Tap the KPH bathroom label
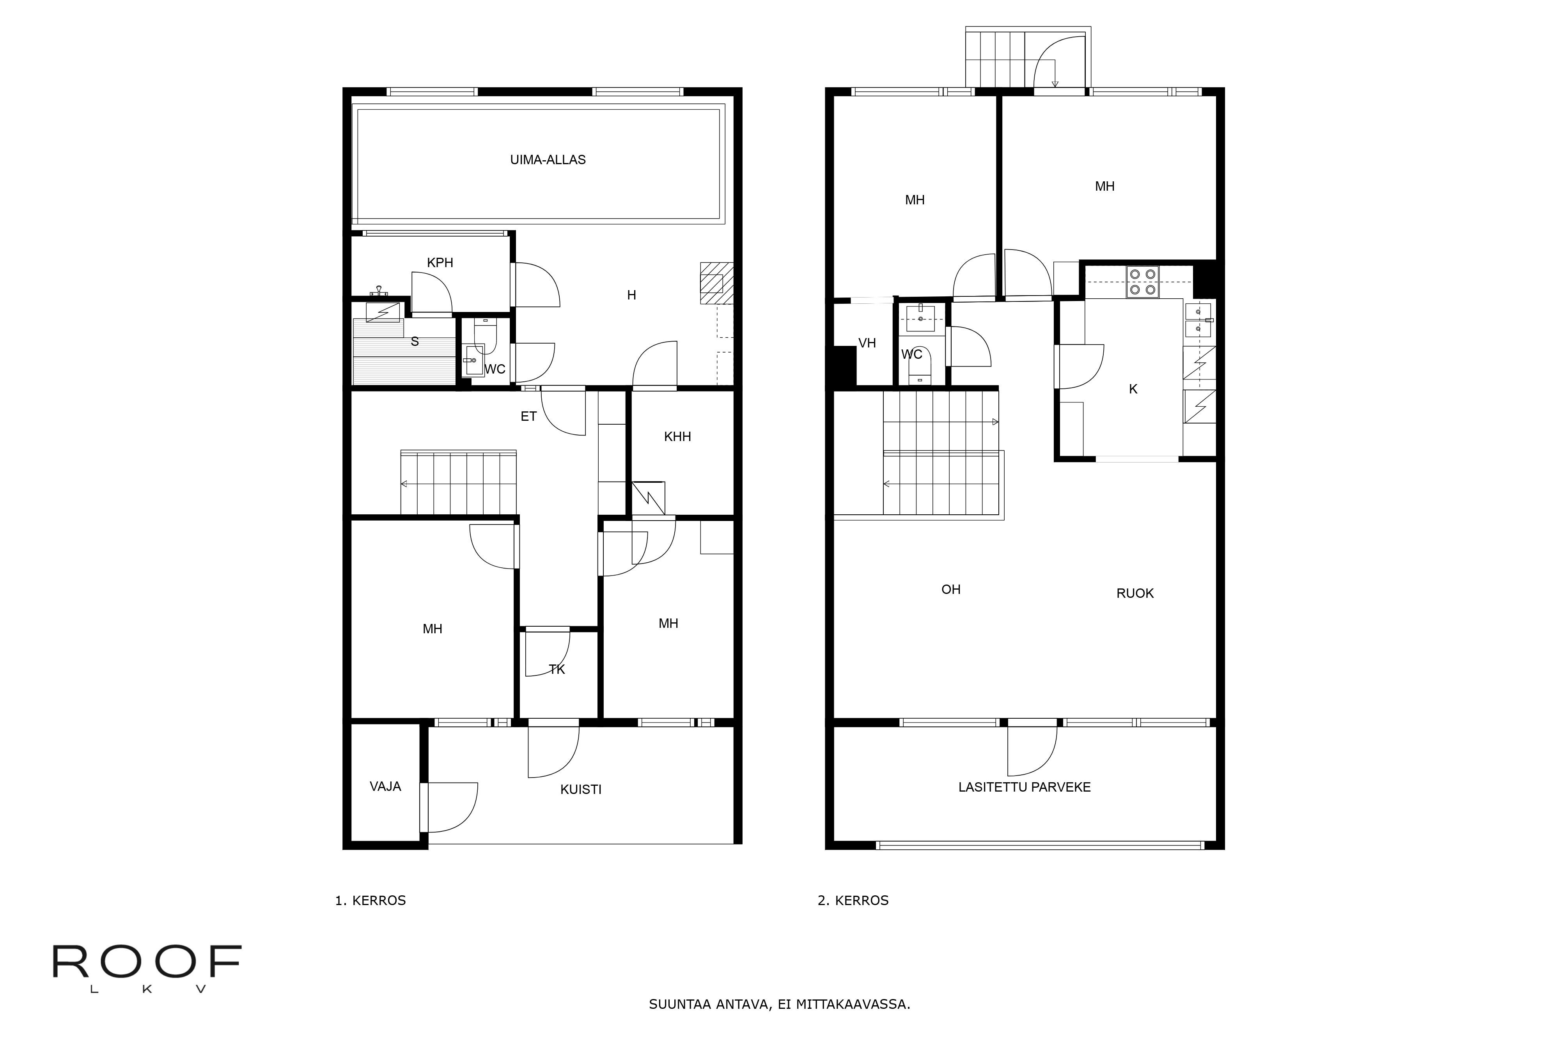pyautogui.click(x=440, y=263)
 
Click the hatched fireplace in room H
pyautogui.click(x=716, y=283)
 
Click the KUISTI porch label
pyautogui.click(x=580, y=789)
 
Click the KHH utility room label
pyautogui.click(x=677, y=436)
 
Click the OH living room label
pyautogui.click(x=950, y=590)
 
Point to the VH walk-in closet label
pyautogui.click(x=867, y=343)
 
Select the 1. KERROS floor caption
pyautogui.click(x=370, y=901)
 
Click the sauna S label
pyautogui.click(x=415, y=342)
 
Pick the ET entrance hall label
pyautogui.click(x=528, y=416)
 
